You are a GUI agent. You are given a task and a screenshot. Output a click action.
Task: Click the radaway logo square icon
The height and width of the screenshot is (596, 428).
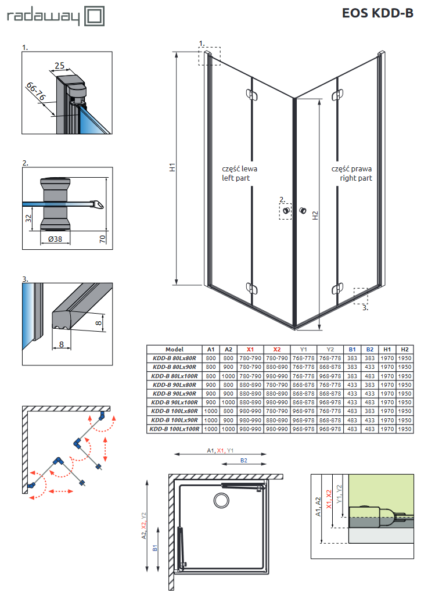click(x=94, y=16)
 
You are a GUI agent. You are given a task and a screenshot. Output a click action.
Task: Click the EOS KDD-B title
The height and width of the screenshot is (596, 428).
click(x=377, y=13)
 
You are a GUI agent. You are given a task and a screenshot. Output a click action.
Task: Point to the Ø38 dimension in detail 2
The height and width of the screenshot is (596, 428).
click(x=56, y=239)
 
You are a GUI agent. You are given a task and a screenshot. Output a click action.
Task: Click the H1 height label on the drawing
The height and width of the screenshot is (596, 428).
click(x=172, y=167)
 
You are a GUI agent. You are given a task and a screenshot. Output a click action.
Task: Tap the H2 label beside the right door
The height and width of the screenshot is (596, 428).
click(x=315, y=214)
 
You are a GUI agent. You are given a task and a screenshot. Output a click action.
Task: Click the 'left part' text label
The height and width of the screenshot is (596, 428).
click(x=236, y=178)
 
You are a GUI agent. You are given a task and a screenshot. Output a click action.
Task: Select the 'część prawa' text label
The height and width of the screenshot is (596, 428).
click(x=351, y=168)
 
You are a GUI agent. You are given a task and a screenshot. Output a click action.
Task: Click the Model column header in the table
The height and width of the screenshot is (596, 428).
click(x=174, y=350)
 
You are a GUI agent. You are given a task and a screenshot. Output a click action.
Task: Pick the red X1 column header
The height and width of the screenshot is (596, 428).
click(x=250, y=350)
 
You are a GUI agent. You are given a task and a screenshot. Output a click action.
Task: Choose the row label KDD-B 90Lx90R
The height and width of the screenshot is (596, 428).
click(x=174, y=393)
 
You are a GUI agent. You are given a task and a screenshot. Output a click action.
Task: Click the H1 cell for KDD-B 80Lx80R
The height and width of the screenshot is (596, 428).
click(x=387, y=358)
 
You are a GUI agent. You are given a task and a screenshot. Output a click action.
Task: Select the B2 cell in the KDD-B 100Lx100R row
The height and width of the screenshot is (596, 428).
click(x=369, y=429)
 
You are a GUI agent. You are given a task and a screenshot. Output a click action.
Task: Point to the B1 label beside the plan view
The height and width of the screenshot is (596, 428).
click(x=155, y=548)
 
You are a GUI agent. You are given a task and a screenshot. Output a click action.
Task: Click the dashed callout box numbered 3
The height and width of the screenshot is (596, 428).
click(x=361, y=295)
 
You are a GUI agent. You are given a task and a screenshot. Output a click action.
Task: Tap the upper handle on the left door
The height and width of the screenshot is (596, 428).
click(x=250, y=94)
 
